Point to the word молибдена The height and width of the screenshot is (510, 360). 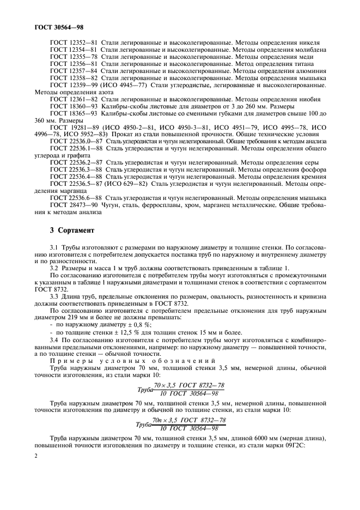point(308,50)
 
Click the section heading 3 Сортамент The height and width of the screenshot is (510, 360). point(72,230)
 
